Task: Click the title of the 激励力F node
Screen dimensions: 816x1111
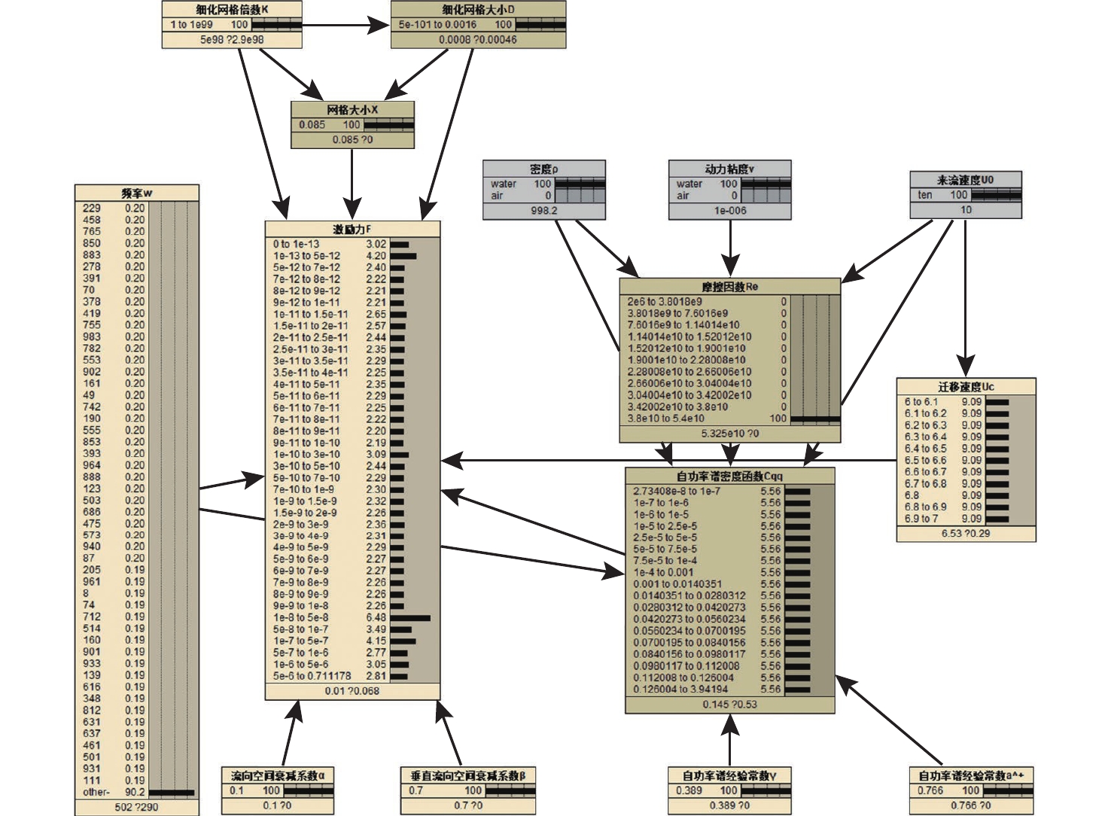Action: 352,229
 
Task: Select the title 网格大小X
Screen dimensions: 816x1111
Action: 352,110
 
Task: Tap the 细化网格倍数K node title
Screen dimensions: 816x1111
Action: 232,10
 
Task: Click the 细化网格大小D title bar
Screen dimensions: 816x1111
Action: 478,10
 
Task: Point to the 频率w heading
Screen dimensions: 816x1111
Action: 137,193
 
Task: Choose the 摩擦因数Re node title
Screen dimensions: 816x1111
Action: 729,287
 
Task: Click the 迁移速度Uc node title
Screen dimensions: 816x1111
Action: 966,387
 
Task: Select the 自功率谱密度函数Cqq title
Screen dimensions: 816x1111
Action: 729,476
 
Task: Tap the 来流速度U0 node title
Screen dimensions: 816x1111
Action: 965,180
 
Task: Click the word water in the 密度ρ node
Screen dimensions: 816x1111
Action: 504,184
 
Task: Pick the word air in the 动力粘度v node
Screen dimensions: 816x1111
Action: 683,196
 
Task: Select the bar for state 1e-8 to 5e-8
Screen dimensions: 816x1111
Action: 410,618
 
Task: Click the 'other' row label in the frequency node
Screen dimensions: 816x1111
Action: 96,792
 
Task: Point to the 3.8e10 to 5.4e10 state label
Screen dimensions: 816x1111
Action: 666,419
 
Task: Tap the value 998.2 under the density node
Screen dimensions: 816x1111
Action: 543,211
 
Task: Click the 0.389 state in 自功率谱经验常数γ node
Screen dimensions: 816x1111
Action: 689,790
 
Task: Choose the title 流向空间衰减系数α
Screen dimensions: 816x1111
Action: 278,775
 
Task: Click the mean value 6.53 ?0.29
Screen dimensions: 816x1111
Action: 966,533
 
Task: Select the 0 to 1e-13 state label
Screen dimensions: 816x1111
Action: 297,244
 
